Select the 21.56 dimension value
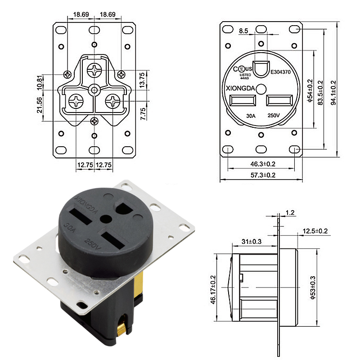pyautogui.click(x=40, y=105)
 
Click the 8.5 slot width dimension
pyautogui.click(x=243, y=31)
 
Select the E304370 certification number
pyautogui.click(x=282, y=71)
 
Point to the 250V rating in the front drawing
pyautogui.click(x=274, y=116)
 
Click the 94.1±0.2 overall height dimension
pyautogui.click(x=333, y=90)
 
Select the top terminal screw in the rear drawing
pyautogui.click(x=94, y=69)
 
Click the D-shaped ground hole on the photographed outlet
pyautogui.click(x=123, y=206)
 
